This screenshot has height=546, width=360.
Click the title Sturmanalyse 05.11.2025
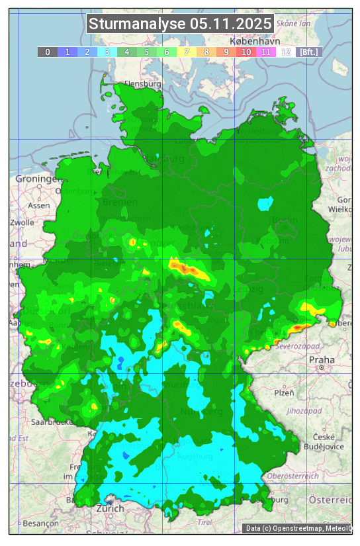coord(180,24)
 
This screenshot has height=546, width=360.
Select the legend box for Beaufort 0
coord(48,52)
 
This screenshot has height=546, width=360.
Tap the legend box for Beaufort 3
coord(107,52)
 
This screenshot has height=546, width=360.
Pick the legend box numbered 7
coord(187,52)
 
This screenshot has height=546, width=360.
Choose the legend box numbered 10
coord(246,52)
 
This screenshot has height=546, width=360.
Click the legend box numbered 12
coord(286,52)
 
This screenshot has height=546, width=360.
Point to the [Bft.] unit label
coord(308,52)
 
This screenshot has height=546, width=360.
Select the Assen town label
coord(39,205)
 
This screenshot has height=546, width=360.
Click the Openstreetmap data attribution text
coord(298,528)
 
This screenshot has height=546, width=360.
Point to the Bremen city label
coord(120,202)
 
